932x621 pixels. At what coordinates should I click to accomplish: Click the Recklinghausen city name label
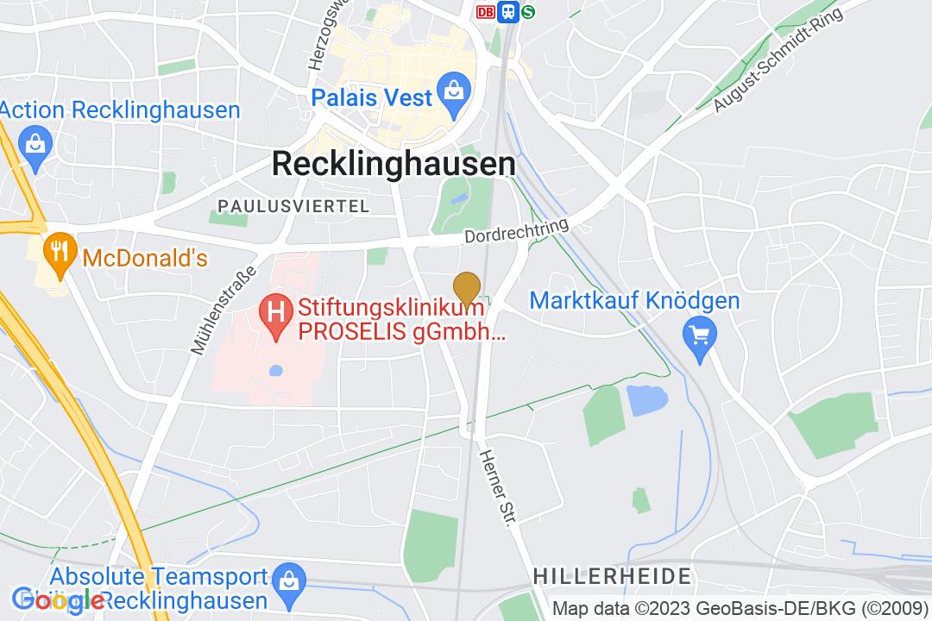pos(394,163)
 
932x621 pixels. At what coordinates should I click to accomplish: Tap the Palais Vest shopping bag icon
pos(451,89)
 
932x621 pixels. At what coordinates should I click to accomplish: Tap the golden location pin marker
pos(467,288)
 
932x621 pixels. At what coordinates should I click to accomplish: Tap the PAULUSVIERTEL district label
pos(293,206)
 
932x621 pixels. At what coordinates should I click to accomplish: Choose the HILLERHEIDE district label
pos(612,575)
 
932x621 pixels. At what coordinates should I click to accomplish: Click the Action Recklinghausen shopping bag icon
pos(35,142)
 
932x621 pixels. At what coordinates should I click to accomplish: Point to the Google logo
pos(59,599)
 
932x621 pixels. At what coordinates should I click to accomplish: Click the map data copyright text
pos(740,607)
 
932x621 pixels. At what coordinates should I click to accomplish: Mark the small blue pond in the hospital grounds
pos(275,371)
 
